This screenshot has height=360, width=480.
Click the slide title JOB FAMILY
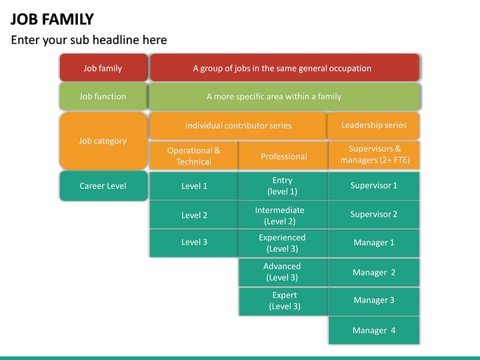[x=52, y=19]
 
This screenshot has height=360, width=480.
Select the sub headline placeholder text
[x=89, y=40]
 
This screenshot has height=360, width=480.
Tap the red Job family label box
[x=103, y=68]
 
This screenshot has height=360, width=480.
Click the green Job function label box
[x=103, y=97]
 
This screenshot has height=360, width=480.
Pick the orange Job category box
[x=103, y=141]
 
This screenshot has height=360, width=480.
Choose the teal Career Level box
[x=103, y=186]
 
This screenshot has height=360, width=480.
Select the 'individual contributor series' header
[x=238, y=125]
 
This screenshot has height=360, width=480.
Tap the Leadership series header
[x=373, y=125]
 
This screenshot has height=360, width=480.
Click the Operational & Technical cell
[x=193, y=156]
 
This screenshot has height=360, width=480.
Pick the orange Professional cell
[x=283, y=156]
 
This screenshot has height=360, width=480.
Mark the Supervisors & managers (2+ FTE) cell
[x=374, y=155]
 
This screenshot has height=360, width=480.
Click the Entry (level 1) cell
[x=283, y=186]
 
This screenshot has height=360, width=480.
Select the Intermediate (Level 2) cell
[x=283, y=215]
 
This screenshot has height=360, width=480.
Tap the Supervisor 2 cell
[x=374, y=215]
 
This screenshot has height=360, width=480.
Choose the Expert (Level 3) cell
[x=283, y=301]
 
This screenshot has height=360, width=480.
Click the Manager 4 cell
[x=374, y=330]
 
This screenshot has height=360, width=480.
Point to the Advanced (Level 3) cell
[x=283, y=272]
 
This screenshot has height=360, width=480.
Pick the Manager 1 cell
[x=374, y=243]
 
